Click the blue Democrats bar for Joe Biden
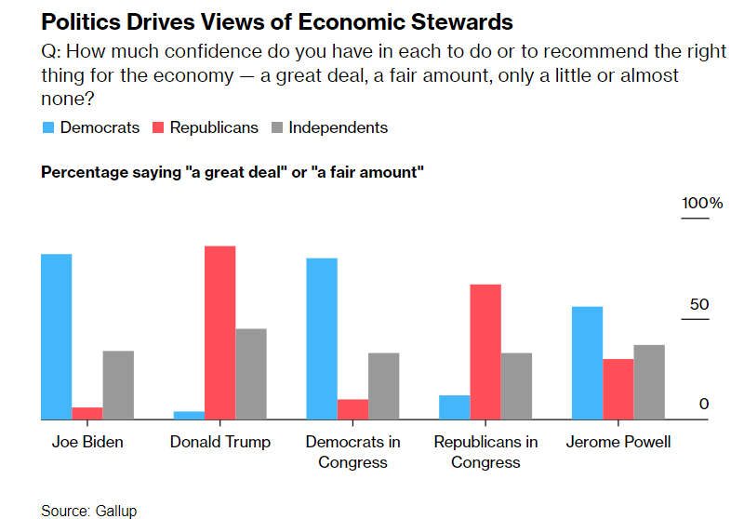pos(57,337)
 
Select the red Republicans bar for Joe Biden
pos(87,414)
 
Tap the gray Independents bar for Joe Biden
pos(118,385)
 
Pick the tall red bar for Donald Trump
pos(220,333)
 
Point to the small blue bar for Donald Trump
pos(190,416)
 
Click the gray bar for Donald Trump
pos(251,374)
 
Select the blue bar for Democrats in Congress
pos(322,339)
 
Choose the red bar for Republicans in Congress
pos(485,352)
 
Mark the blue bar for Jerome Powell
pos(587,363)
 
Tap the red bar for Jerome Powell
pos(618,390)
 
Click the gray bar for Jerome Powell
pos(649,382)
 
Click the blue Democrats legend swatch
pos(48,127)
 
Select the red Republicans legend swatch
pos(158,127)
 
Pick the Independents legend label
pos(338,127)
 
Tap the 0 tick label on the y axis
pos(704,404)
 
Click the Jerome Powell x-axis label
pos(618,442)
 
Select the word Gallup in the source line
pos(115,511)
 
